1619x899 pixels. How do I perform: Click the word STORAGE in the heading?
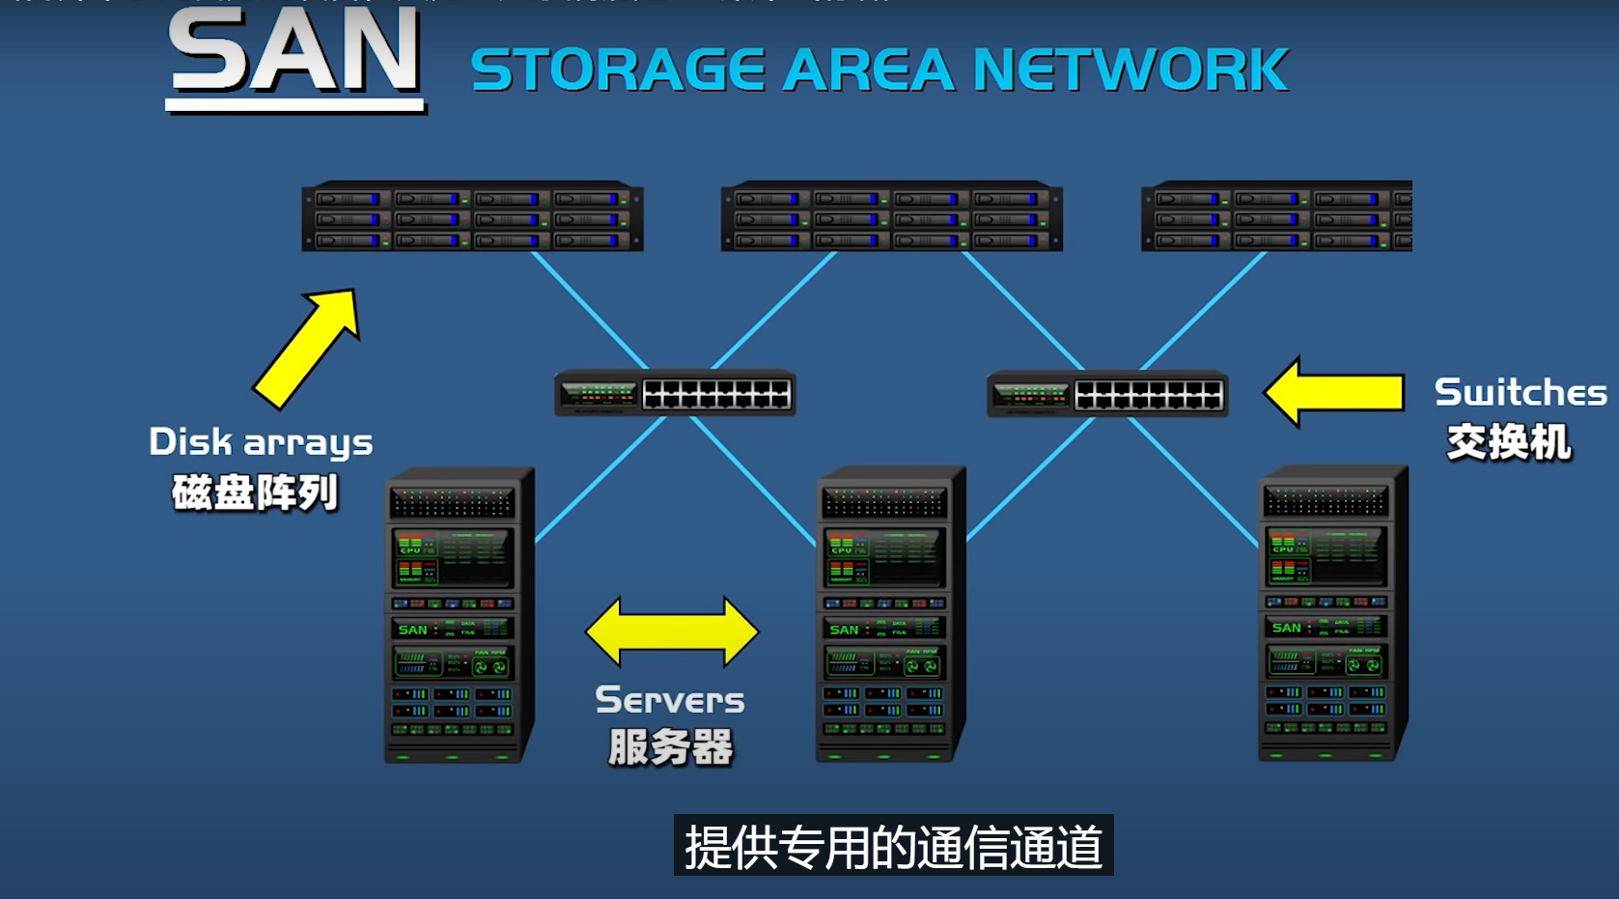pos(618,70)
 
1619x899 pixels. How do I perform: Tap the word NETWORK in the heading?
pos(1130,70)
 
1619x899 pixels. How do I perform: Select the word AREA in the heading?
pos(867,70)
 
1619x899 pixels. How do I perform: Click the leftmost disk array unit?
pos(472,217)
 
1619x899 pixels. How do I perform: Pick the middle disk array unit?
pos(891,217)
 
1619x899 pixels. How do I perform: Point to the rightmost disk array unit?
pos(1276,217)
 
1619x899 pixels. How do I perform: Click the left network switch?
pos(675,394)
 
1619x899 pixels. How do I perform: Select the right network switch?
pos(1107,394)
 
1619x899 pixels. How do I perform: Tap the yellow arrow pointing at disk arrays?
pos(307,348)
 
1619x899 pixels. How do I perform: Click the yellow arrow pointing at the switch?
pos(1334,392)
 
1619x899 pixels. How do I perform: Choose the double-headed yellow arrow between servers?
pos(672,632)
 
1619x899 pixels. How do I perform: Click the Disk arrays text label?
pos(261,443)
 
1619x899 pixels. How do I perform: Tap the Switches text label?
pos(1520,393)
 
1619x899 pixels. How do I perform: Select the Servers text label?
pos(670,700)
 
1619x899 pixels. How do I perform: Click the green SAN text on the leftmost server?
pos(412,630)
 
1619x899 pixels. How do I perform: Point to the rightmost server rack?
pos(1332,615)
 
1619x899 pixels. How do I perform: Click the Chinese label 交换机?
pos(1509,443)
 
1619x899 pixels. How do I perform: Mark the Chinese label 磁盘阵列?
pos(255,493)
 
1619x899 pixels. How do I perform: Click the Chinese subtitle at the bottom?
pos(893,847)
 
